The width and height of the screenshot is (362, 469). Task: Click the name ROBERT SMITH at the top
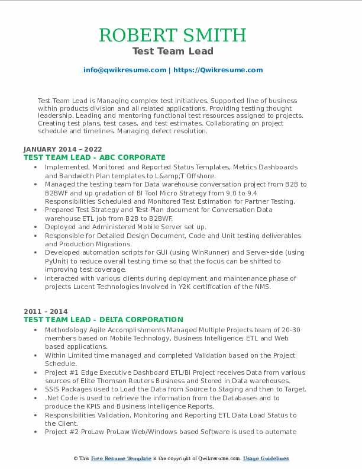click(173, 35)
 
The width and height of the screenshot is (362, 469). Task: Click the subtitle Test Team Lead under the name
click(173, 52)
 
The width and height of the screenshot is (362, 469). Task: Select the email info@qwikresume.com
click(125, 70)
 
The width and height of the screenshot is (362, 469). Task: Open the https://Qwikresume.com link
click(218, 70)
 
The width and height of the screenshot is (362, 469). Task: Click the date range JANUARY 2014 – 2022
click(63, 149)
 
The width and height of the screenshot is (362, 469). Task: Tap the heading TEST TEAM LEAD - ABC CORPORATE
click(95, 158)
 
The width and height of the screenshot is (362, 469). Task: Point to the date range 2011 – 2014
click(46, 311)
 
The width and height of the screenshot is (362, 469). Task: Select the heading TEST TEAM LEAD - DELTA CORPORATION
click(104, 320)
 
